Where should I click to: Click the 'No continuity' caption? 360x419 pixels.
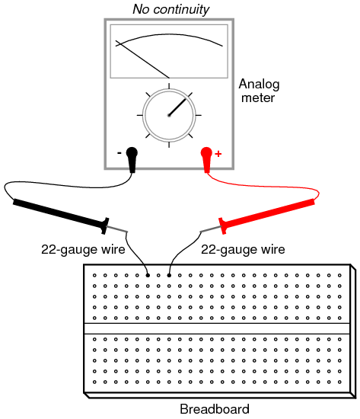coord(171,9)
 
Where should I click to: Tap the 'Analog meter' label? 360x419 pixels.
coord(259,91)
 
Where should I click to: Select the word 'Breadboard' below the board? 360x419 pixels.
coord(215,409)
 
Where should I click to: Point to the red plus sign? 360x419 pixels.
coord(218,154)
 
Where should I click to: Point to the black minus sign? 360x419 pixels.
coord(119,153)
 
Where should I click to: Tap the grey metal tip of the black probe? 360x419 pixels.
coord(117,229)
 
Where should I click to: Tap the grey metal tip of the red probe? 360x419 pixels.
coord(211,229)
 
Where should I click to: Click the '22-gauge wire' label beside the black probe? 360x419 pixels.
coord(83,250)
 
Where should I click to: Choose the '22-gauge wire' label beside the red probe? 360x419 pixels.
coord(243,250)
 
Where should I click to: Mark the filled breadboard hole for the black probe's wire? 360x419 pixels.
coord(148,275)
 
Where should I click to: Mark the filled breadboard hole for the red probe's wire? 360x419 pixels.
coord(169,275)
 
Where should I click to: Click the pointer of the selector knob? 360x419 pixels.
coord(177,107)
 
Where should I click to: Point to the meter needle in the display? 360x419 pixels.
coord(142,59)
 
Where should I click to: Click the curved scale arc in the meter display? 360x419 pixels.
coord(169,35)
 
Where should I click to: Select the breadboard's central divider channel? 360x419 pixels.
coord(217,328)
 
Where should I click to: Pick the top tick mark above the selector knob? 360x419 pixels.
coord(169,86)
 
